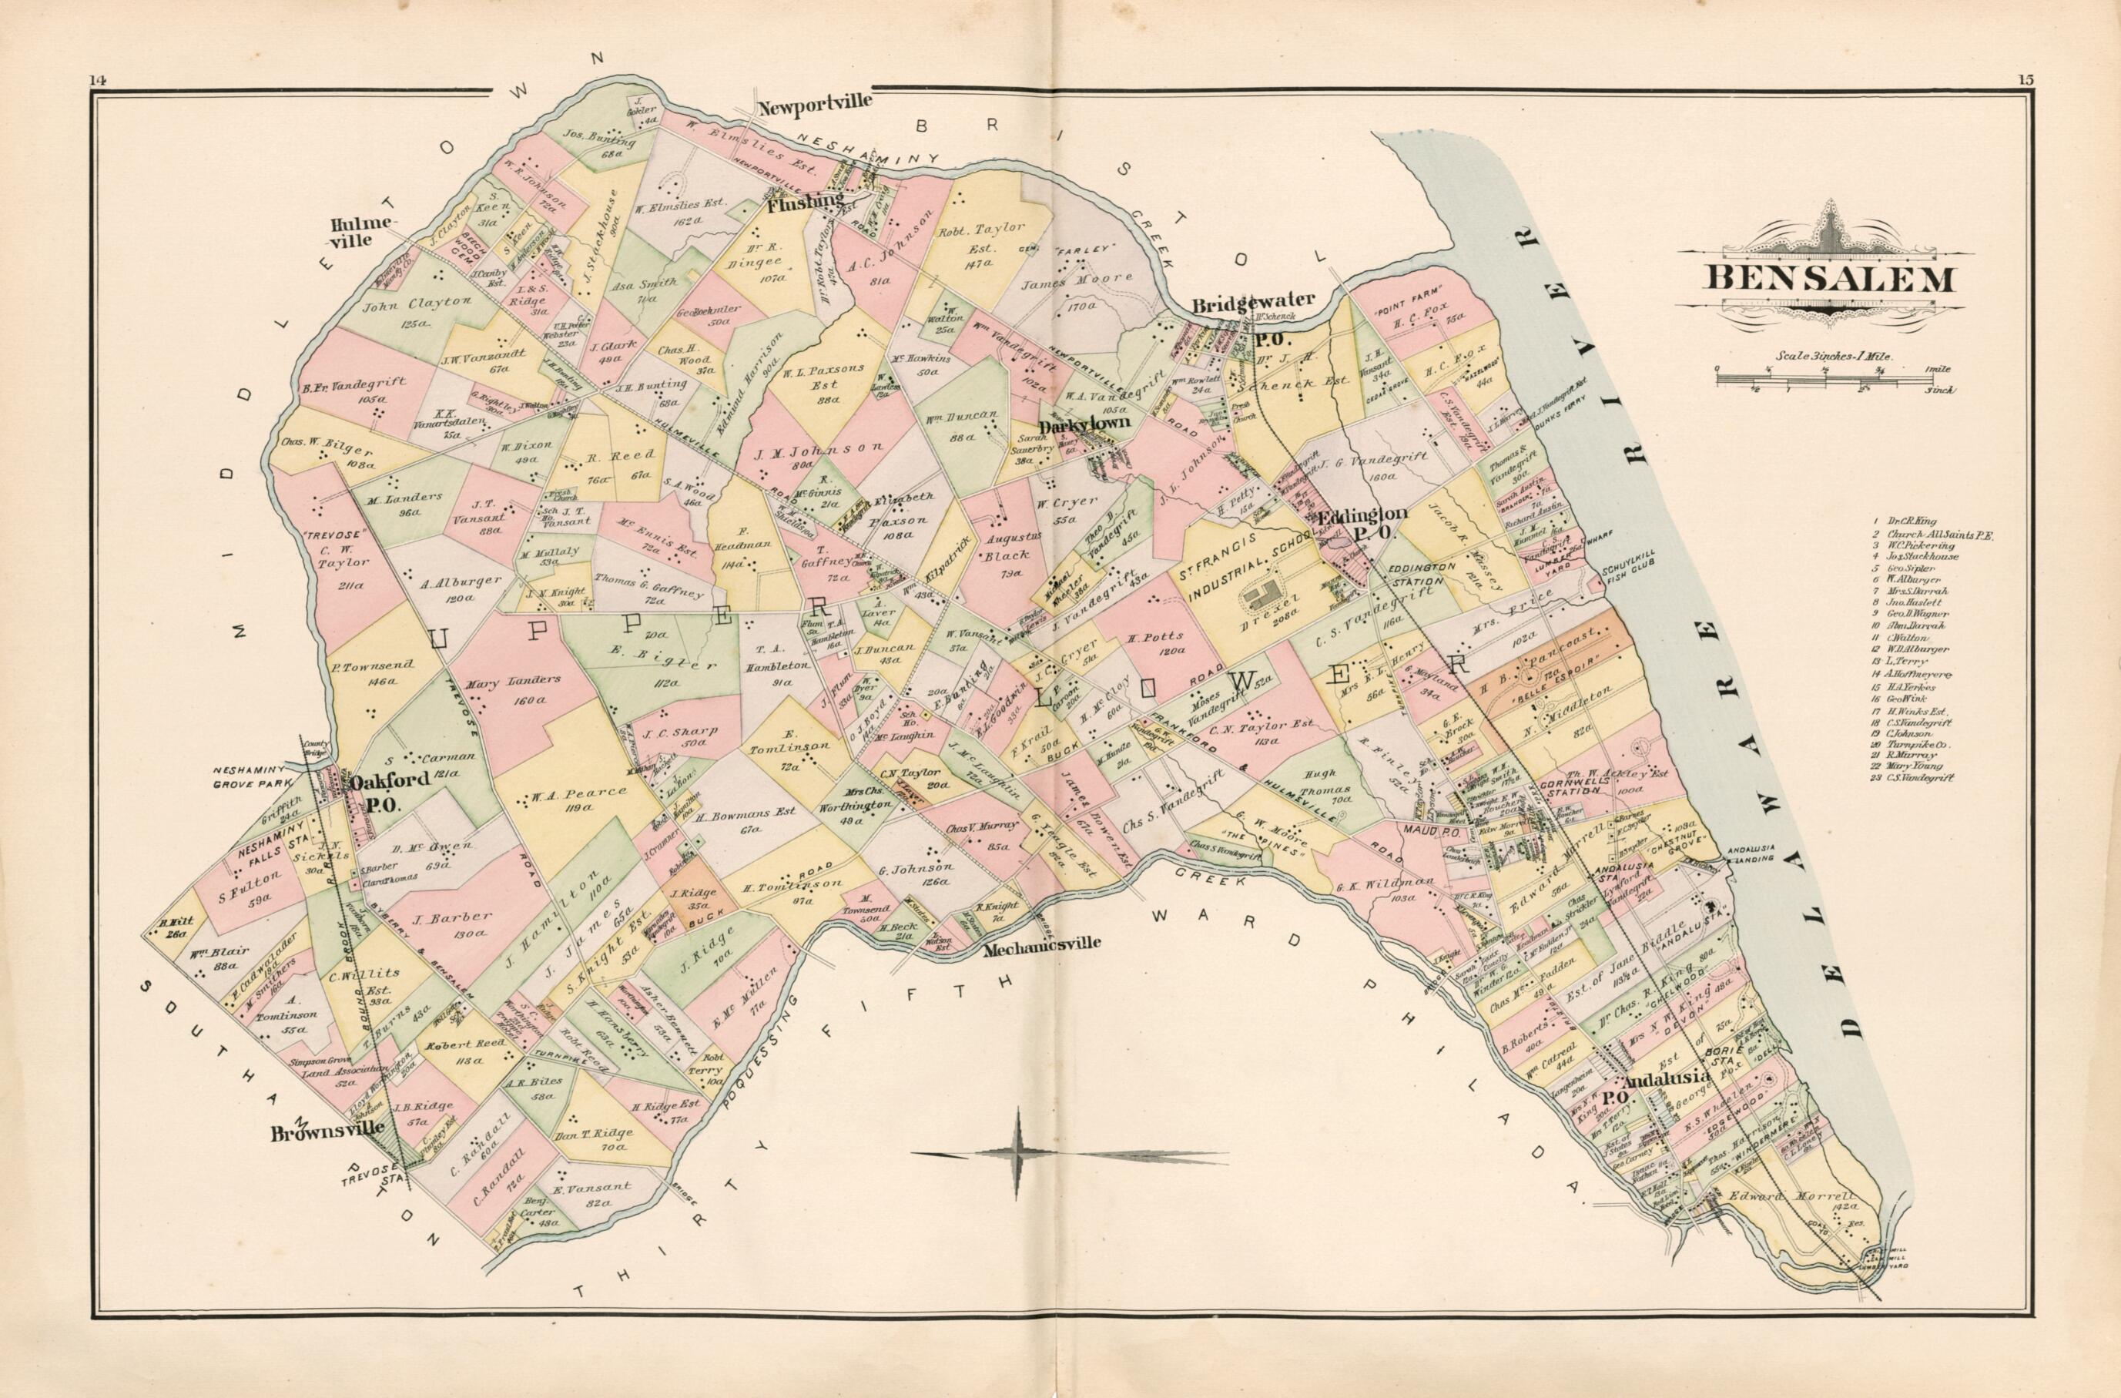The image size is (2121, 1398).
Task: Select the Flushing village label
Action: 804,203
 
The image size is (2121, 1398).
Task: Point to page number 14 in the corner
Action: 97,80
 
